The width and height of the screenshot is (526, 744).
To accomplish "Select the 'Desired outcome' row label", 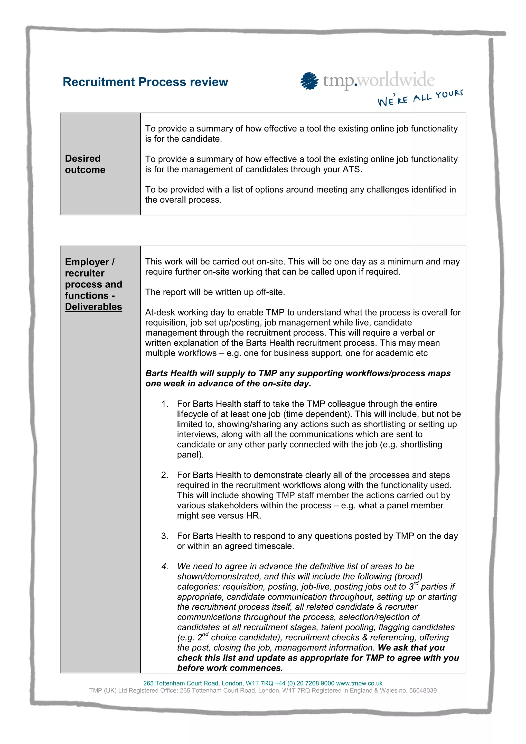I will pos(85,164).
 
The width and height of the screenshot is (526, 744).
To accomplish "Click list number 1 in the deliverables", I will pos(165,404).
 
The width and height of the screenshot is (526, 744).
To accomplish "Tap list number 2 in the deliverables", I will pos(165,475).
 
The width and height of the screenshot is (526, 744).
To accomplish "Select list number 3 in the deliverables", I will pos(165,536).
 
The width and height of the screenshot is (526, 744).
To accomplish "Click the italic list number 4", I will pos(165,566).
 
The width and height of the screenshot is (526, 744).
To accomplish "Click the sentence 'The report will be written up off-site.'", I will pos(215,292).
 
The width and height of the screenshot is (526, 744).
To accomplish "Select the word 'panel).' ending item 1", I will pos(190,455).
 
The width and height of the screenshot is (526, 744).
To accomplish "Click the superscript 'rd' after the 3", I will pos(416,583).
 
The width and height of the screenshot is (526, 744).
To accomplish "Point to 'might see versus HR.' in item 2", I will pos(219,516).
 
